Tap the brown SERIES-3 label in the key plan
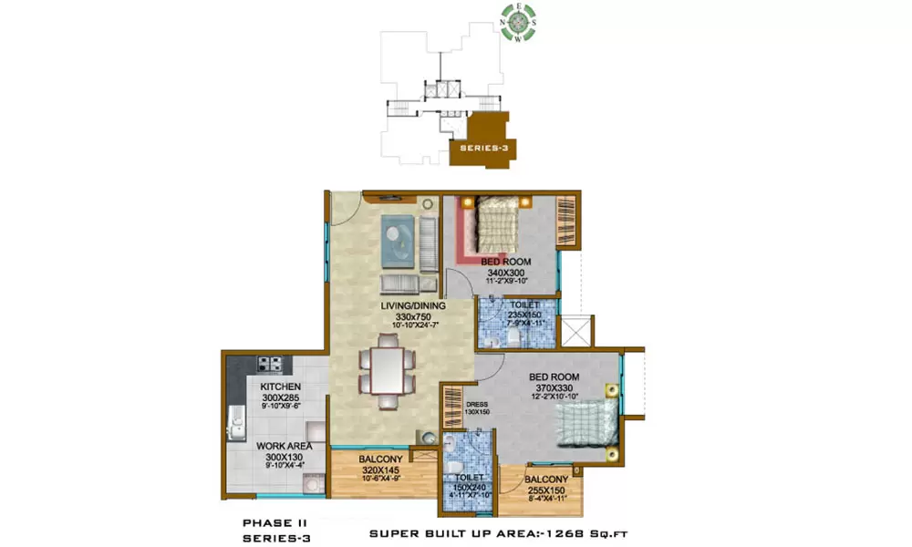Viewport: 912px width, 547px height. click(x=484, y=147)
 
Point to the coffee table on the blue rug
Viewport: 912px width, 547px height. click(x=397, y=235)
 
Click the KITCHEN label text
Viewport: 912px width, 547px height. click(x=274, y=387)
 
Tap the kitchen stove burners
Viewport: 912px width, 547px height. click(x=271, y=364)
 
